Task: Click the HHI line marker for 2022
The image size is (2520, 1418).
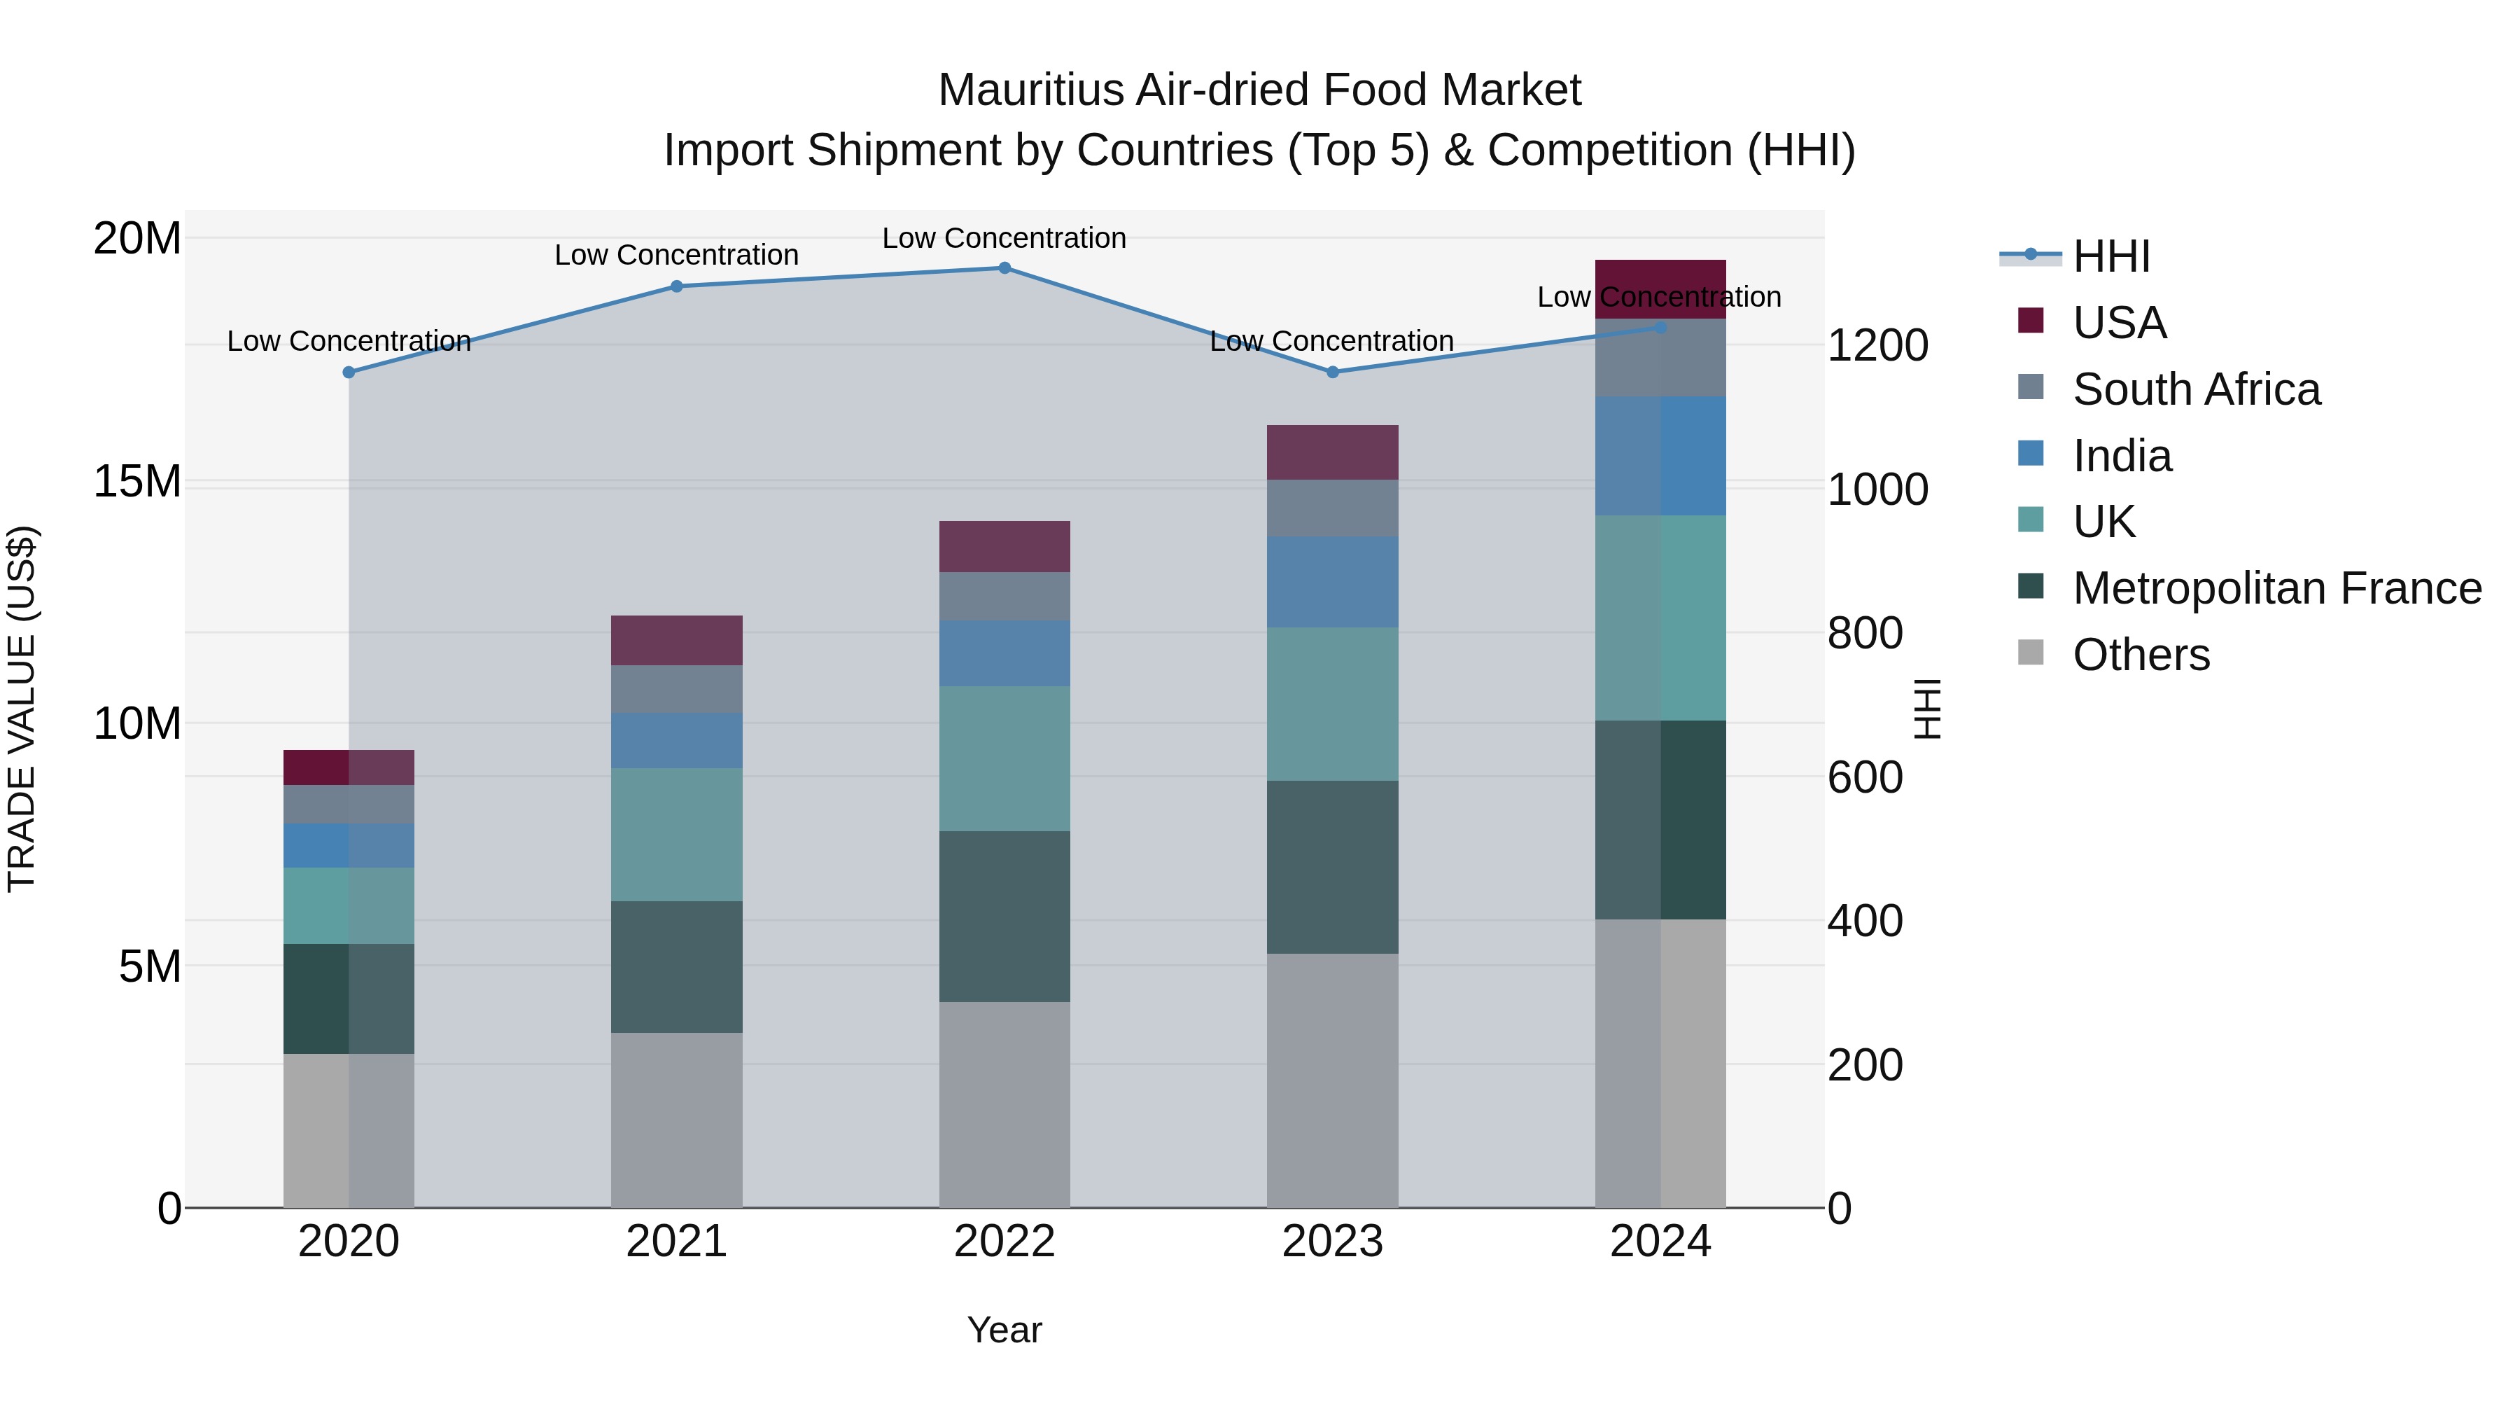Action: point(1004,268)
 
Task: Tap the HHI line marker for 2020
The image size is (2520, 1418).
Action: point(349,372)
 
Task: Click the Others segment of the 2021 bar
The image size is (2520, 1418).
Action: point(676,1120)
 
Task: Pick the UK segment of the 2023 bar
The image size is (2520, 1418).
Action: point(1331,704)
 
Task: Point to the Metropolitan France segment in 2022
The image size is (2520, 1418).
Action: point(1004,916)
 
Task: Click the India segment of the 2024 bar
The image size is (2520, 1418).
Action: point(1660,455)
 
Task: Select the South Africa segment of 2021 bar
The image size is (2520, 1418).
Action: point(676,689)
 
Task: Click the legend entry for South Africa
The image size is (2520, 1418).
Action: point(2195,389)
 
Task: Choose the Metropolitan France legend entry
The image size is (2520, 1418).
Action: point(2276,588)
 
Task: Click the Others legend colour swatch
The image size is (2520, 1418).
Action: point(2031,653)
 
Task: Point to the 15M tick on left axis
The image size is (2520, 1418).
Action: point(137,482)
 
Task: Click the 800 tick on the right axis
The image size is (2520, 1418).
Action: point(1865,633)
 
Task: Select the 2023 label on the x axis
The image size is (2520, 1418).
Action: point(1331,1242)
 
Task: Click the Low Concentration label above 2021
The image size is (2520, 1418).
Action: point(676,256)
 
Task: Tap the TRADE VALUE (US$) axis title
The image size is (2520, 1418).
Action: point(22,709)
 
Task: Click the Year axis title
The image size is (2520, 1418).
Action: point(1004,1330)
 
